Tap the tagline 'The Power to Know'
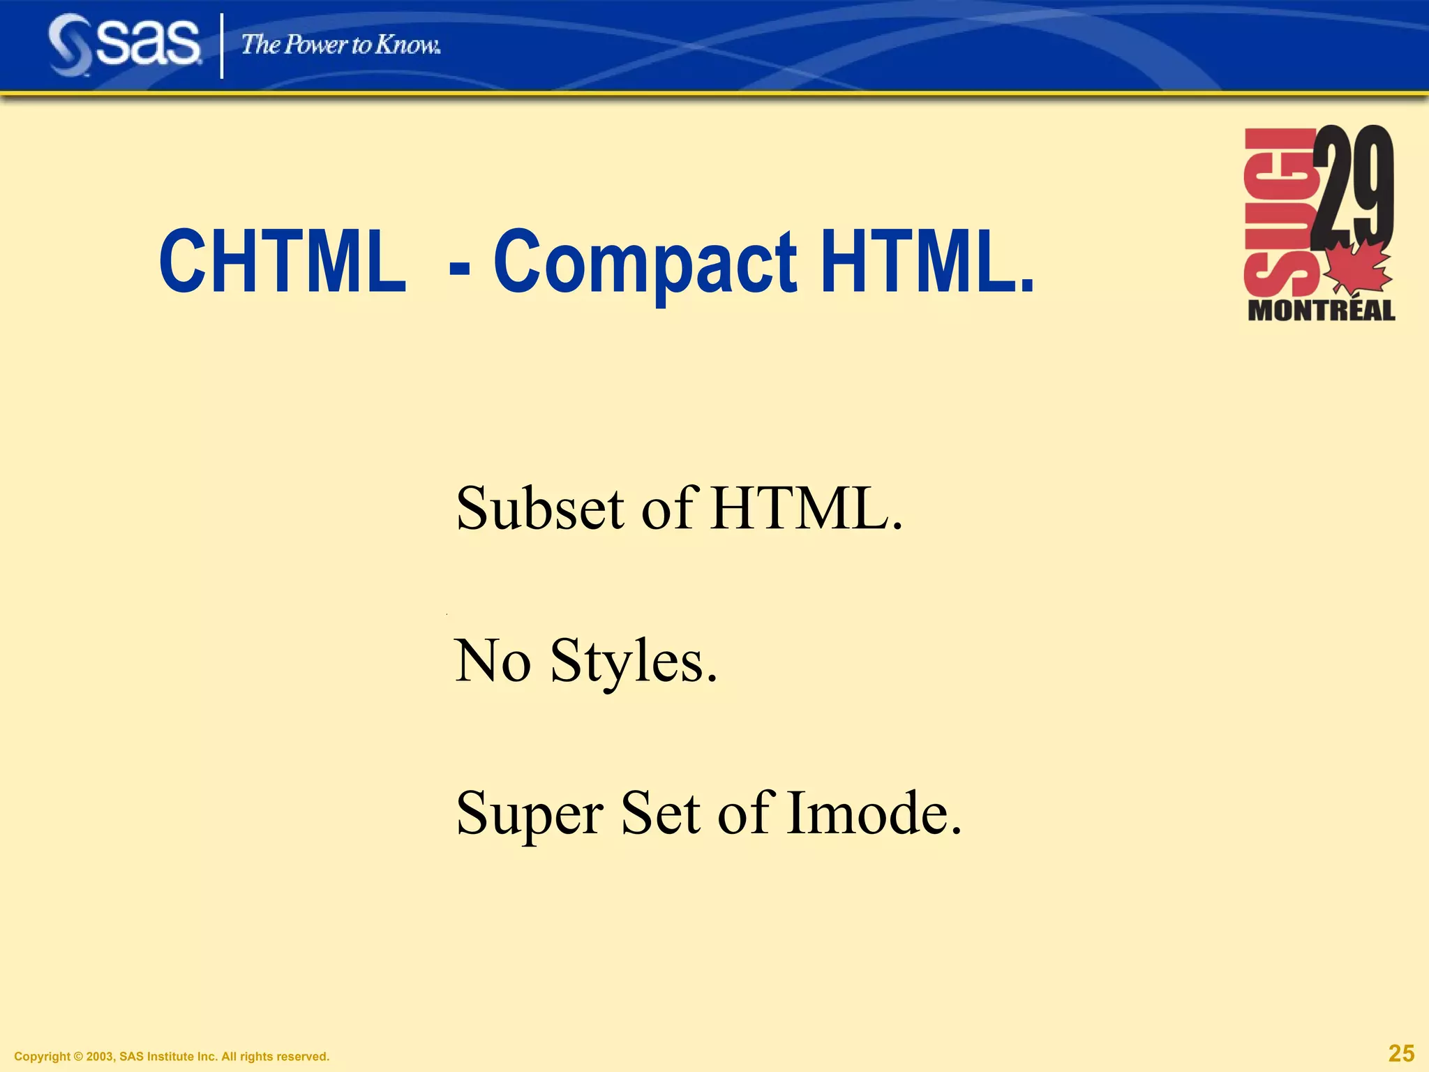click(x=341, y=45)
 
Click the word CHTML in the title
click(x=283, y=261)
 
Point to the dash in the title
click(x=460, y=267)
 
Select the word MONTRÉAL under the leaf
click(x=1321, y=311)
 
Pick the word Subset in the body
click(x=540, y=508)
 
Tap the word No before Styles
click(x=493, y=660)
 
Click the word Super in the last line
click(x=530, y=814)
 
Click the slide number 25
click(x=1401, y=1053)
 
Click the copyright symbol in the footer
click(x=78, y=1057)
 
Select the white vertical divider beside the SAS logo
click(x=223, y=46)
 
